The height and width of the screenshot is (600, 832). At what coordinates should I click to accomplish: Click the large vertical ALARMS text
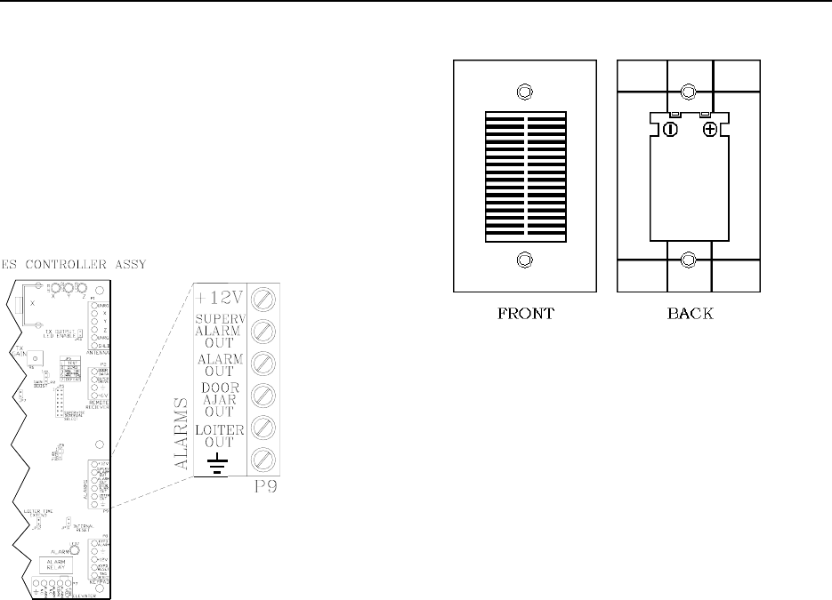182,434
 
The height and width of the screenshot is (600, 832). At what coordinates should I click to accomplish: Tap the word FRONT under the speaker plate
524,314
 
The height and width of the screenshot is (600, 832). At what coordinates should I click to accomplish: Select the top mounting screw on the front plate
524,92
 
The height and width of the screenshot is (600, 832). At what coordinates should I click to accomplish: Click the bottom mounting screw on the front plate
524,260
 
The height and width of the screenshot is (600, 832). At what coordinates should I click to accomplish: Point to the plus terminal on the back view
709,130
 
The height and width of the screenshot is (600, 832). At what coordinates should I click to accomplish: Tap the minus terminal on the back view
669,130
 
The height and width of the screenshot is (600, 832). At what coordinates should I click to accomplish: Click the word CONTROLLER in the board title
65,263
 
